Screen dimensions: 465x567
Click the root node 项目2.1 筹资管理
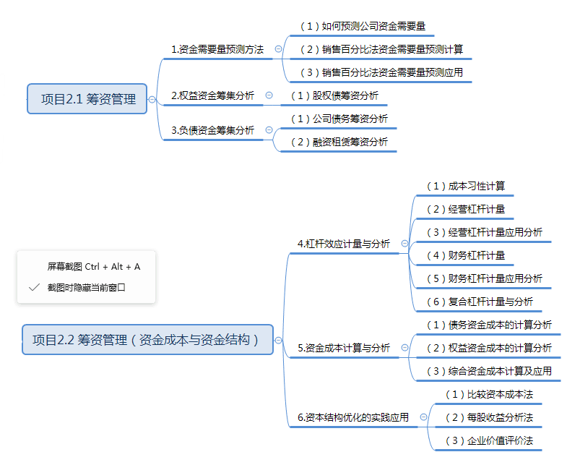coord(88,99)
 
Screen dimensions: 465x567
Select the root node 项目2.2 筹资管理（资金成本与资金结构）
coord(147,339)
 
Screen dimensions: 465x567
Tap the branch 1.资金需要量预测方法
coord(217,49)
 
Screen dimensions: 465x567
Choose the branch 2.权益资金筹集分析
coord(212,95)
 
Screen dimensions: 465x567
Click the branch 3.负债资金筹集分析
coord(212,130)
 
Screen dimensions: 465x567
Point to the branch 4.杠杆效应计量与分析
coord(343,244)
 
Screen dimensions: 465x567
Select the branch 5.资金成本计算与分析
coord(343,348)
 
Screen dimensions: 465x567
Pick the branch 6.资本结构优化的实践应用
coord(352,417)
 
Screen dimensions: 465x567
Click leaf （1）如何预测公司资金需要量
coord(363,26)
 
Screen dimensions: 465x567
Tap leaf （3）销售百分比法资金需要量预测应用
coord(381,72)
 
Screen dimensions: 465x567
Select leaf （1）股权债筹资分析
coord(334,95)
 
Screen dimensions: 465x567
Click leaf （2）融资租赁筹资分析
coord(339,142)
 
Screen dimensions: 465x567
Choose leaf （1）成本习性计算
coord(465,186)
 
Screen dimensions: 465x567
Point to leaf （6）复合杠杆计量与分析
coord(480,302)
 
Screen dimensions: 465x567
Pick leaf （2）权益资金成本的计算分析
coord(489,348)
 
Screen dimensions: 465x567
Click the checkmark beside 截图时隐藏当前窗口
coord(34,287)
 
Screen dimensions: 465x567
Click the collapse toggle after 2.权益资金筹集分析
coord(269,95)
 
